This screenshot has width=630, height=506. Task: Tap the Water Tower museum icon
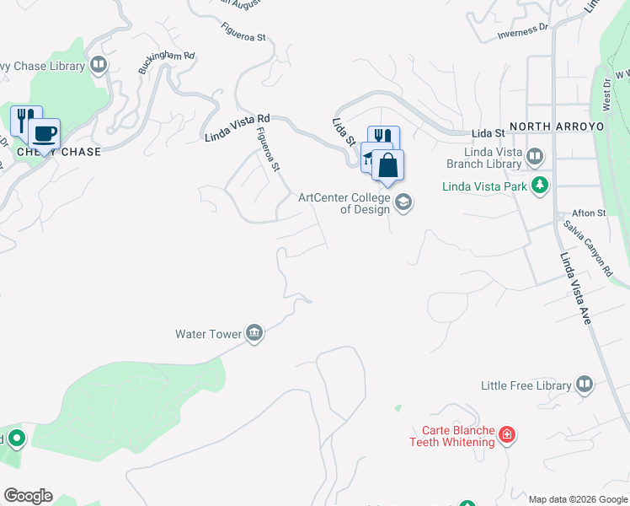[254, 334]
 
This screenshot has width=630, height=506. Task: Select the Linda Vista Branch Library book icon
[535, 156]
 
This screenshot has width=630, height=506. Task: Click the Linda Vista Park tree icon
[539, 185]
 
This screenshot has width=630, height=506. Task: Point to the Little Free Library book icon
[585, 385]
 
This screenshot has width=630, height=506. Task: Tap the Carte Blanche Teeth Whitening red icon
[507, 435]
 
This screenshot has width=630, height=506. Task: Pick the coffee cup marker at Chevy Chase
[44, 132]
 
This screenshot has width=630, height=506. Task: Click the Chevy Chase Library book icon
[99, 65]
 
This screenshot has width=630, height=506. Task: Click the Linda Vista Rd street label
[238, 127]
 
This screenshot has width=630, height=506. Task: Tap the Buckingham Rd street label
[167, 62]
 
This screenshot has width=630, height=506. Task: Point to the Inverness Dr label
[522, 31]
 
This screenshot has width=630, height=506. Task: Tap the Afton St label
[589, 213]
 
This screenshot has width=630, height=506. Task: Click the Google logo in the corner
[28, 496]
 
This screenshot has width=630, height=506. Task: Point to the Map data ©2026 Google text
[578, 499]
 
